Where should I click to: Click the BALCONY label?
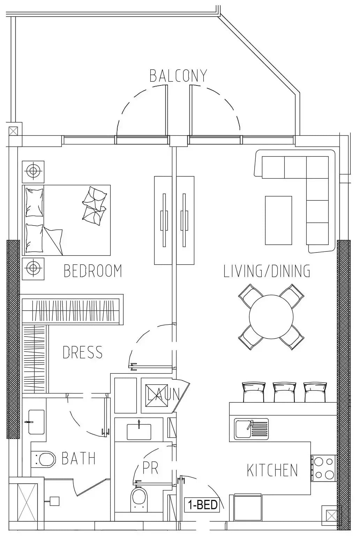point(179,76)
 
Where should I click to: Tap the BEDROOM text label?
point(93,271)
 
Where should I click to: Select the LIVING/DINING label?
point(267,271)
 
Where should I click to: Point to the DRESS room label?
point(83,352)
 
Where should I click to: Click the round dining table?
point(271,317)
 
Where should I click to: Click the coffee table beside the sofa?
point(278,220)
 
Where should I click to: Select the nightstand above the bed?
point(33,172)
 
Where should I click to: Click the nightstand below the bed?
point(33,269)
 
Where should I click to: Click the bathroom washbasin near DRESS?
point(36,422)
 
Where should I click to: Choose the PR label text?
point(150,468)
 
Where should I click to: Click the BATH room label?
point(79,458)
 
